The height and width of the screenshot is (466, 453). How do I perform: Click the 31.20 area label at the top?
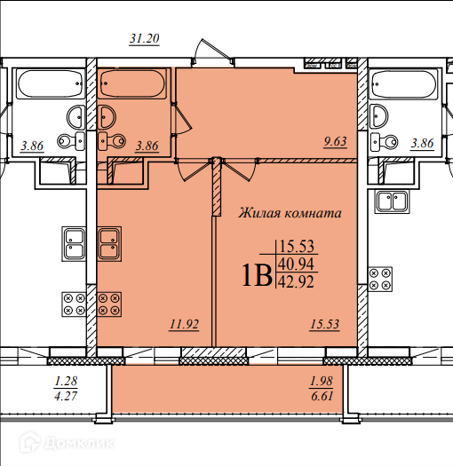click(145, 38)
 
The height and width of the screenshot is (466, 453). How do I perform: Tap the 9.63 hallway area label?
click(335, 141)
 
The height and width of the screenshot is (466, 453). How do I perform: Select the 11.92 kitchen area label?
click(184, 324)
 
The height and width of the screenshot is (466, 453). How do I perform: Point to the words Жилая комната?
click(290, 213)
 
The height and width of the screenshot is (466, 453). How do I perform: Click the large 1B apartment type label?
click(258, 275)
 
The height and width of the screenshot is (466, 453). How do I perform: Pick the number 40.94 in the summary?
click(297, 264)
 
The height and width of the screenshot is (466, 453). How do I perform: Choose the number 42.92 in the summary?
click(297, 281)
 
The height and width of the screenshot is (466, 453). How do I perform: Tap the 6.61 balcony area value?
click(322, 396)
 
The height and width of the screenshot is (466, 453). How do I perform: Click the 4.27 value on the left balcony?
click(66, 396)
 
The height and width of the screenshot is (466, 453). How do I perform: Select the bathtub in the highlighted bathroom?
click(132, 83)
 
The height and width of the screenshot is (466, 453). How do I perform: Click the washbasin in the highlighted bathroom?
click(107, 117)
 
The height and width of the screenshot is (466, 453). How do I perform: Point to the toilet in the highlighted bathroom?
click(112, 141)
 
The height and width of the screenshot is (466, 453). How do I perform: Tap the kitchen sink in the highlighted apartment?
click(109, 244)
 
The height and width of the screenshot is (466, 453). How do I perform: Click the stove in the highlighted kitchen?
click(109, 304)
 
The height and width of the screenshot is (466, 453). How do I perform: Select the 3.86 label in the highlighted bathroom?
click(147, 146)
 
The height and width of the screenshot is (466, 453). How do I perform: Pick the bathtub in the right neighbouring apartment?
click(403, 84)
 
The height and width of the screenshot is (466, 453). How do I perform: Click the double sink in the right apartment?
click(393, 201)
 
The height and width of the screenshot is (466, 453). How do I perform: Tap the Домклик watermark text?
click(79, 444)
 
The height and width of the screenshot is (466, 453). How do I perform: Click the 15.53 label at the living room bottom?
click(324, 324)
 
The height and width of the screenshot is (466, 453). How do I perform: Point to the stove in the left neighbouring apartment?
click(74, 304)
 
